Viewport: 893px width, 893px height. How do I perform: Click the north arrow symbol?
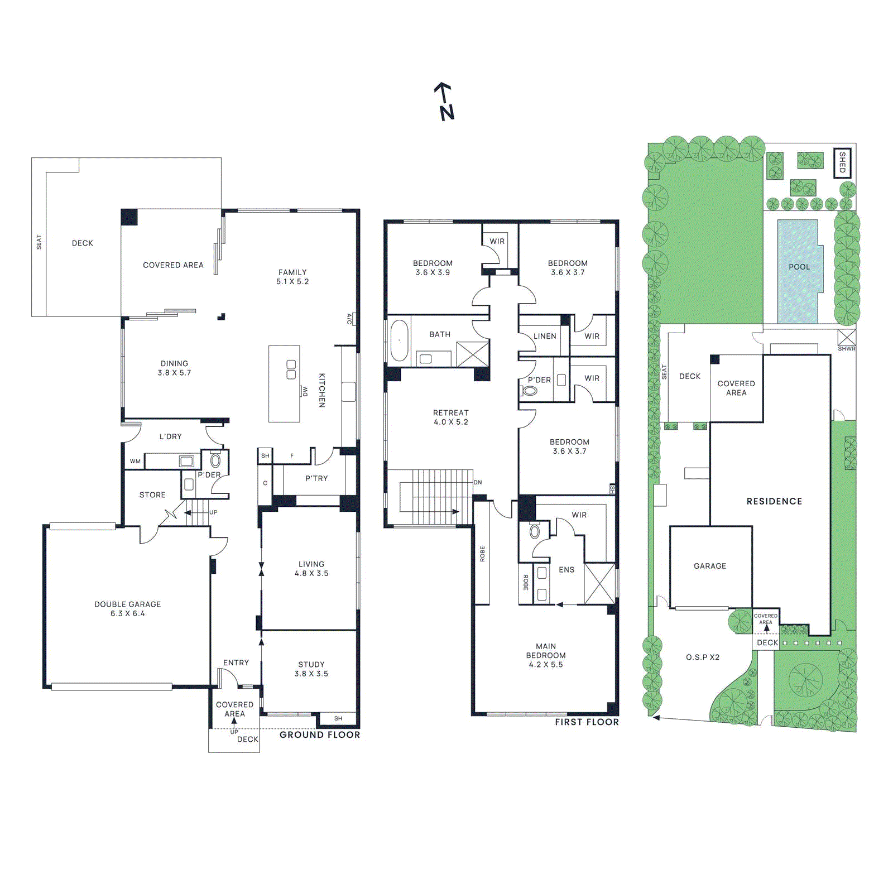[x=445, y=102]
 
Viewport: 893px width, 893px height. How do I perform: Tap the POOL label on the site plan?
[x=799, y=267]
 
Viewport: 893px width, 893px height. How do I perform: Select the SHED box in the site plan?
[x=842, y=162]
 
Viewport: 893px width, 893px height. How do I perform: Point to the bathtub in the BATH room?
[x=399, y=340]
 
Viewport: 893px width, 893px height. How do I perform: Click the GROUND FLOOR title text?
[x=320, y=734]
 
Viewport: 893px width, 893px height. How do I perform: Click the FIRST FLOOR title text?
[x=587, y=722]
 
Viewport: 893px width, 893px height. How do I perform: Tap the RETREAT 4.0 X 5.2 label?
[x=450, y=417]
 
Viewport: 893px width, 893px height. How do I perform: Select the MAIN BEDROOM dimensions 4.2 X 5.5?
[x=545, y=665]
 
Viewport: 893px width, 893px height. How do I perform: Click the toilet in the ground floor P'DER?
[x=215, y=460]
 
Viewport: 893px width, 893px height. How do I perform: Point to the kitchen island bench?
[x=284, y=384]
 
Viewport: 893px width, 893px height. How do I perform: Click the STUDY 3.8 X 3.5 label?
[x=311, y=669]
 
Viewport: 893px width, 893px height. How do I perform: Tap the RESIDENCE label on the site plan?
[x=774, y=501]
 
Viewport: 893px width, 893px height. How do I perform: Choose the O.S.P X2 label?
[x=702, y=657]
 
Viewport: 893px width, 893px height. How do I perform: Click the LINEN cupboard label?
[x=544, y=336]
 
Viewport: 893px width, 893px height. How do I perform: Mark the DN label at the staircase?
[x=478, y=482]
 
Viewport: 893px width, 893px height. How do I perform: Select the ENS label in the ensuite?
[x=566, y=570]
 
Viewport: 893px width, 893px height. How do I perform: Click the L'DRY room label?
[x=170, y=436]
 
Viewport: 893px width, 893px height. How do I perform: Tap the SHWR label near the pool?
[x=846, y=349]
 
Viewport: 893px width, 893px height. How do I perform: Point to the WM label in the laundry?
[x=135, y=461]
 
